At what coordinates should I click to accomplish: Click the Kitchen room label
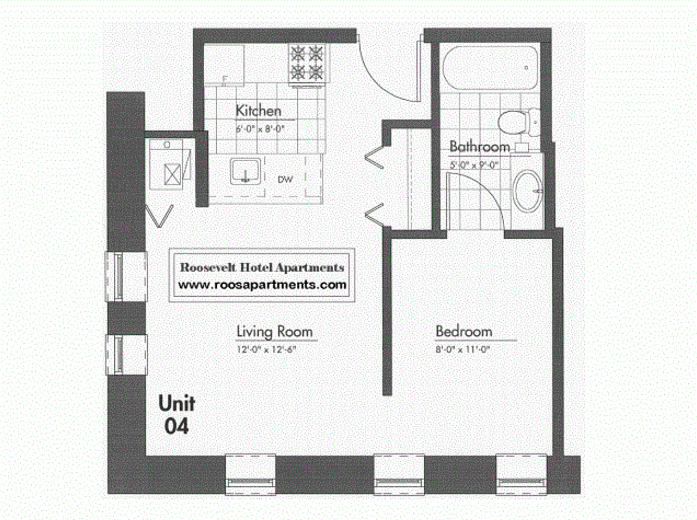pyautogui.click(x=258, y=111)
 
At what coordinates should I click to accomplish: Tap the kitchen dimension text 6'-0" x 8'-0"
pyautogui.click(x=260, y=130)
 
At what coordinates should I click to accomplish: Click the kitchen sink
pyautogui.click(x=245, y=172)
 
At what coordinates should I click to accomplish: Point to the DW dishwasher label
pyautogui.click(x=285, y=179)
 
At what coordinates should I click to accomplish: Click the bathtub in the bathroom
pyautogui.click(x=488, y=69)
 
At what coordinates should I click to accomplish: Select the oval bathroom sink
pyautogui.click(x=528, y=191)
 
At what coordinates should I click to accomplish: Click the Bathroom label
pyautogui.click(x=479, y=146)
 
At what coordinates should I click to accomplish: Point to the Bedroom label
pyautogui.click(x=463, y=331)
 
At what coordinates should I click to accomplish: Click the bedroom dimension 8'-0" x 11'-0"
pyautogui.click(x=463, y=350)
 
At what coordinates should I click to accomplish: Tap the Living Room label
pyautogui.click(x=274, y=331)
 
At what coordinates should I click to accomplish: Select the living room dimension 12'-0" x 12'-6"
pyautogui.click(x=266, y=350)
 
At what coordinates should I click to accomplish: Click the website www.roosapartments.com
pyautogui.click(x=262, y=285)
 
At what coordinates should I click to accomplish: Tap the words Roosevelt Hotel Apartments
pyautogui.click(x=262, y=268)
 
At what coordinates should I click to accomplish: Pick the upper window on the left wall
pyautogui.click(x=127, y=276)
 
